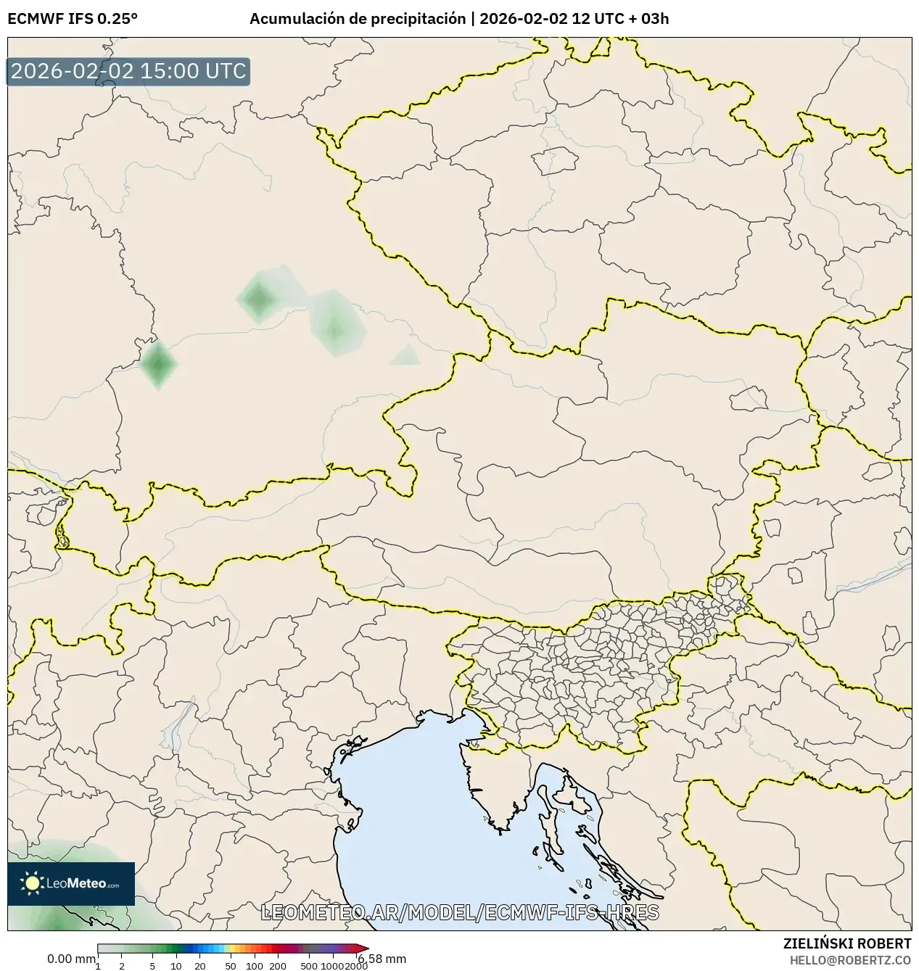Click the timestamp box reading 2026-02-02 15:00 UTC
[128, 72]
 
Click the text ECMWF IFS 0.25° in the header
[73, 19]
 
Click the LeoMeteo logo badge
[71, 883]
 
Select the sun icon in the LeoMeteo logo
[32, 883]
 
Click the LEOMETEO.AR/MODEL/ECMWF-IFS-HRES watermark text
[459, 912]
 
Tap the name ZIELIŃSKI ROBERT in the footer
[847, 943]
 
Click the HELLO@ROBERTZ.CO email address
[850, 959]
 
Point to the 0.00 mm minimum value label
[71, 959]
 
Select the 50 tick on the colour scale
[231, 965]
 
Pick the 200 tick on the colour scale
[278, 965]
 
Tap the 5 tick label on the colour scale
[152, 965]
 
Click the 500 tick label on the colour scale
[309, 965]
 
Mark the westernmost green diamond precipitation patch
[158, 365]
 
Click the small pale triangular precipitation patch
[405, 355]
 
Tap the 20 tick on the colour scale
[200, 965]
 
